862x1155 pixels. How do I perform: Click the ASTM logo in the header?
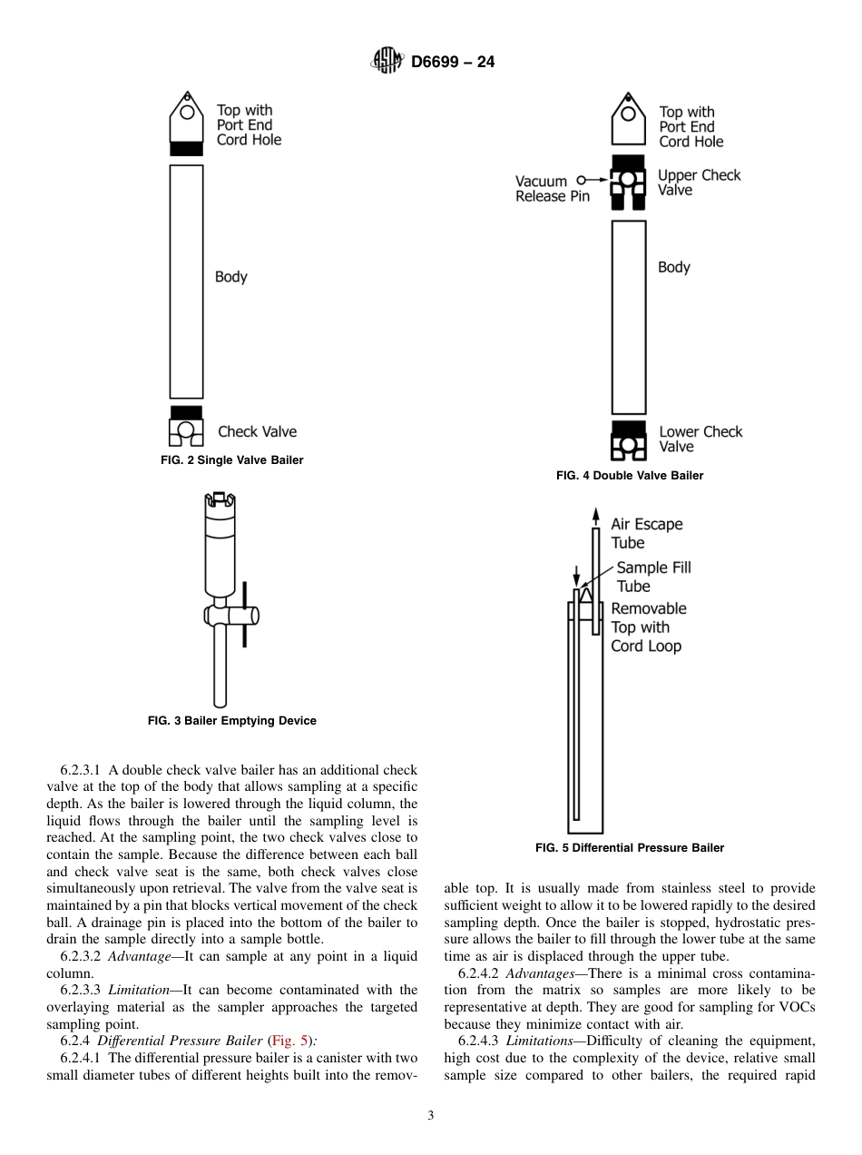tap(387, 62)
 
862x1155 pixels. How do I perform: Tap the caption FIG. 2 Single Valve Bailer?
tap(231, 460)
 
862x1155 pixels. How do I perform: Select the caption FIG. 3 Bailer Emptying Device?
tap(231, 721)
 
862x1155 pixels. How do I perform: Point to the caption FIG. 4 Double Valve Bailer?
tap(630, 476)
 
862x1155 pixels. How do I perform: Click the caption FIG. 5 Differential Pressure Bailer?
tap(630, 848)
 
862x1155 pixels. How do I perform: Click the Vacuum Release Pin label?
tap(552, 189)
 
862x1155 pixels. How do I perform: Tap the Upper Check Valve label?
tap(699, 183)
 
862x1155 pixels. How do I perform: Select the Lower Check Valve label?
tap(700, 439)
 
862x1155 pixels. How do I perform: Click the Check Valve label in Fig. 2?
tap(257, 432)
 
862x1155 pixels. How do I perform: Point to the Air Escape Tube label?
tap(646, 534)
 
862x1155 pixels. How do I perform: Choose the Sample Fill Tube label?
tap(653, 577)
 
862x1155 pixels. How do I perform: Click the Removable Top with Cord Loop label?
tap(648, 627)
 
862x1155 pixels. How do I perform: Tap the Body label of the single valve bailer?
tap(230, 277)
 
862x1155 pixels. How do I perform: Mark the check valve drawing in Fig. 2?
tap(186, 426)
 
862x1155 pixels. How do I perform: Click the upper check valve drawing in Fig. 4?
tap(628, 182)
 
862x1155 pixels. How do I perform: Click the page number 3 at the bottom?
tap(431, 1116)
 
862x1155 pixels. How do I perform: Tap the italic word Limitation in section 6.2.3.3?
tap(137, 990)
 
